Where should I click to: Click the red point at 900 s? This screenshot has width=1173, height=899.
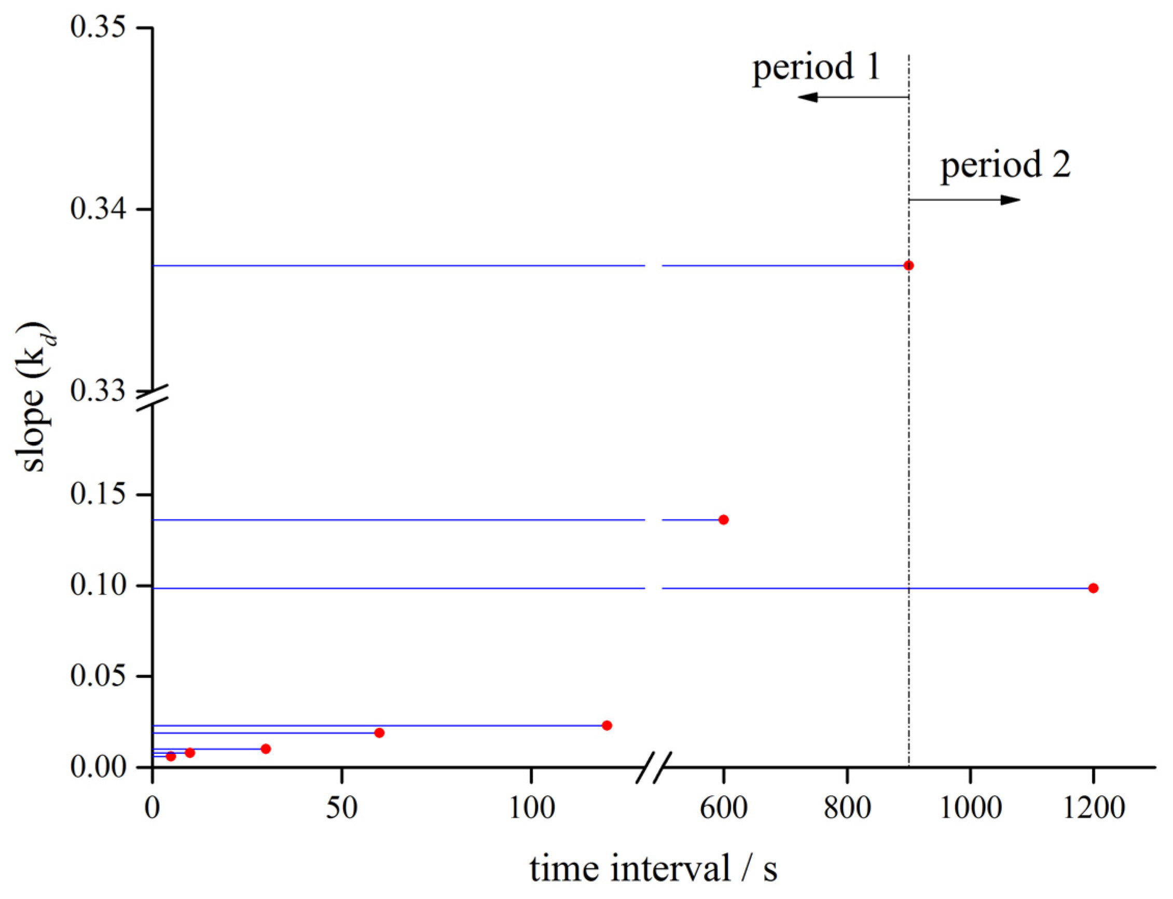click(908, 266)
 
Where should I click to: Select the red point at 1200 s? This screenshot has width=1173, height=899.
click(1093, 588)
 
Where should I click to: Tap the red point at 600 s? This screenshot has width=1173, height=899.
click(724, 520)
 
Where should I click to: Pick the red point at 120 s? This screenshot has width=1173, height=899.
click(607, 726)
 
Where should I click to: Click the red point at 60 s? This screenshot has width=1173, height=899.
click(379, 732)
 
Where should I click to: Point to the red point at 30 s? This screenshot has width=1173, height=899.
click(266, 749)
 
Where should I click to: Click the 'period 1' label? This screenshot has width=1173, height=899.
click(816, 67)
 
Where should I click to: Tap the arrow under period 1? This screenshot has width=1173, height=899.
click(853, 97)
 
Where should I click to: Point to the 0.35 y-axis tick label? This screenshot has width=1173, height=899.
click(98, 27)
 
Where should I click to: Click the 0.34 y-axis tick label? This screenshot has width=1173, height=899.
click(98, 209)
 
